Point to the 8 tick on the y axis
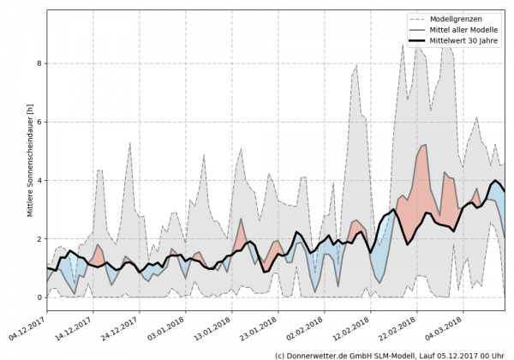point(39,63)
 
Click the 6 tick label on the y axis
point(39,122)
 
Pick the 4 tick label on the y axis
point(39,181)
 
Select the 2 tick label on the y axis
point(39,239)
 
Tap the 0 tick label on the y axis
point(39,297)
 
